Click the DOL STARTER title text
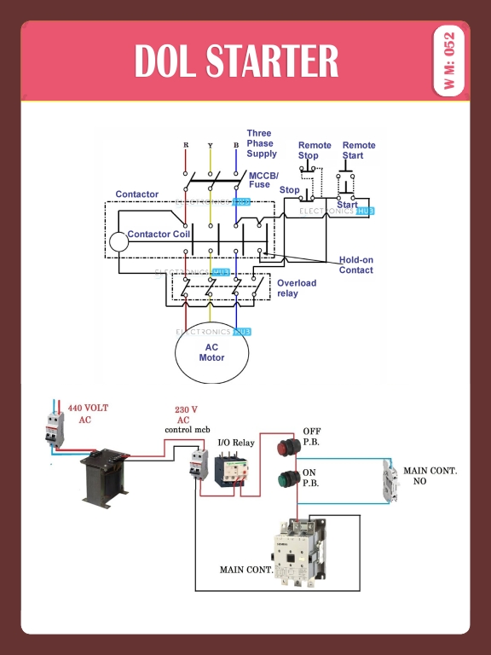[236, 61]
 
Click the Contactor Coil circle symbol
[118, 241]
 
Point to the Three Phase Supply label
[262, 143]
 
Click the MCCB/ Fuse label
[263, 180]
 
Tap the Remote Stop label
[314, 150]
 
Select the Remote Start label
[359, 150]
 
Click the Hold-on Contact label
[356, 265]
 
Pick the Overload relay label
[296, 288]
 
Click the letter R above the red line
[186, 145]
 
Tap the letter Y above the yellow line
[211, 145]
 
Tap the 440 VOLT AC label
[88, 414]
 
